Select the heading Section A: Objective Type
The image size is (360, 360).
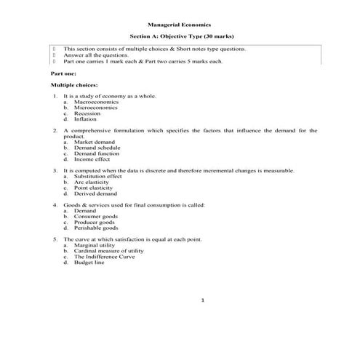[x=180, y=36]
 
